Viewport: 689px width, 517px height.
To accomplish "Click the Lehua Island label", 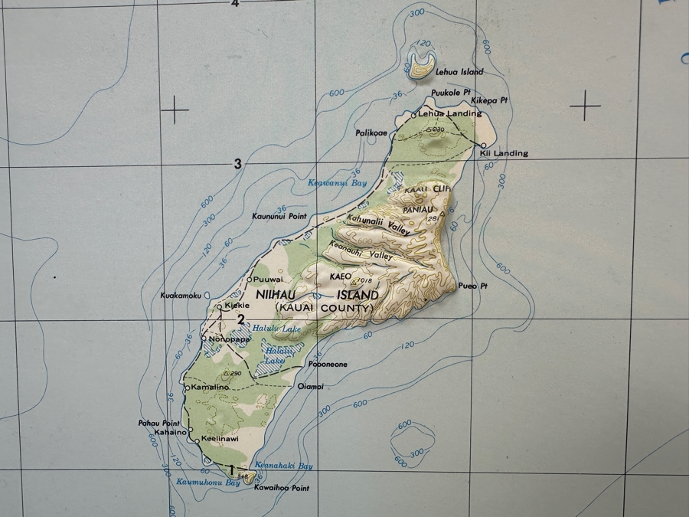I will coord(459,72).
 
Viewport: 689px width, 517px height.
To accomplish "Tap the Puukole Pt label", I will coord(450,93).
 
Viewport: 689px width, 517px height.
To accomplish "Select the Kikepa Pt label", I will coord(489,100).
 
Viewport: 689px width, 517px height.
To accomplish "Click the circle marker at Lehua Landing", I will coord(414,115).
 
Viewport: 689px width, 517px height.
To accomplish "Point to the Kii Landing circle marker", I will coord(483,145).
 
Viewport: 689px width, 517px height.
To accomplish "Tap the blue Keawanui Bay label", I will coord(337,183).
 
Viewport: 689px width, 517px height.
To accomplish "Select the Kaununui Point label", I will coord(279,217).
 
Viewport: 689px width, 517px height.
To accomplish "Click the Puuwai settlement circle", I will coord(248,280).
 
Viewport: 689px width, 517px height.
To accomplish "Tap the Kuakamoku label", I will coord(181,296).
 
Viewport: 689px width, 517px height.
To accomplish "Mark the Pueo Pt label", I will coord(472,286).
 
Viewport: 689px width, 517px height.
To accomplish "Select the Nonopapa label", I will coord(229,339).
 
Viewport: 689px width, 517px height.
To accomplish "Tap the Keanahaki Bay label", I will coord(285,466).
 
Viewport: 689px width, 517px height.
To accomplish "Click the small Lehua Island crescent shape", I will coord(421,66).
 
